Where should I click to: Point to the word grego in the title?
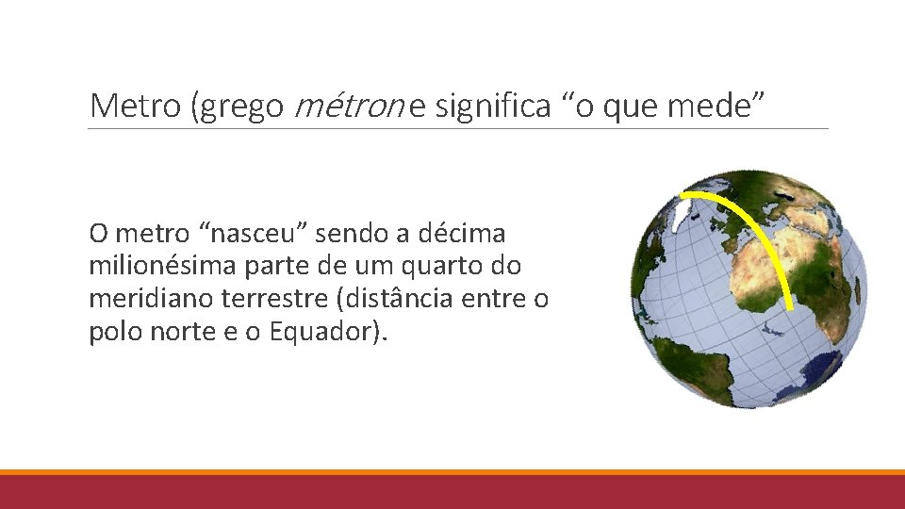(x=237, y=107)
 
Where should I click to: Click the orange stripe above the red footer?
(x=452, y=472)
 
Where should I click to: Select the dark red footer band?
(x=452, y=492)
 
